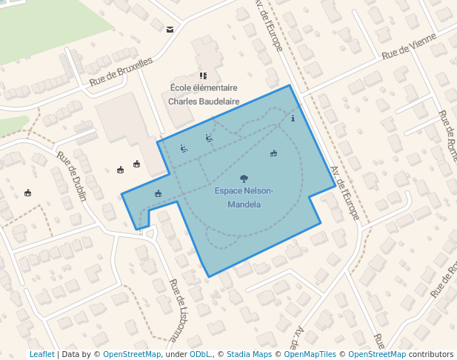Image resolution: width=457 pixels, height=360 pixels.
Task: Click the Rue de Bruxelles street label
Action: (121, 73)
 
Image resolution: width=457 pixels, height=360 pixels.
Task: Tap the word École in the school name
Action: (182, 88)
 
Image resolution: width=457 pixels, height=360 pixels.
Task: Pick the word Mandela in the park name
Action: (244, 204)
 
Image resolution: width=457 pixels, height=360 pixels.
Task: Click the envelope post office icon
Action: (170, 30)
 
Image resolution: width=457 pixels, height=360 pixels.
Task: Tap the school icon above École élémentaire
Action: (203, 76)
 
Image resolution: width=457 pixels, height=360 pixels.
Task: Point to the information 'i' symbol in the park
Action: (293, 118)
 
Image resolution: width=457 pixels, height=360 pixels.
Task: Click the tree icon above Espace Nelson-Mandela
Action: (244, 179)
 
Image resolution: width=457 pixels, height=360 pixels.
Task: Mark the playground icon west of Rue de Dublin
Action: (28, 193)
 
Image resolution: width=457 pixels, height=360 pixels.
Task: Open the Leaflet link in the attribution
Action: (41, 354)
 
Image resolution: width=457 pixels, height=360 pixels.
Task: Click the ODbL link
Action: (200, 354)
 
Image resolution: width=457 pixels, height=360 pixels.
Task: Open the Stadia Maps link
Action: (249, 354)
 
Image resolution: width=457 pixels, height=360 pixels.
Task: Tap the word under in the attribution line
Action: (176, 354)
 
